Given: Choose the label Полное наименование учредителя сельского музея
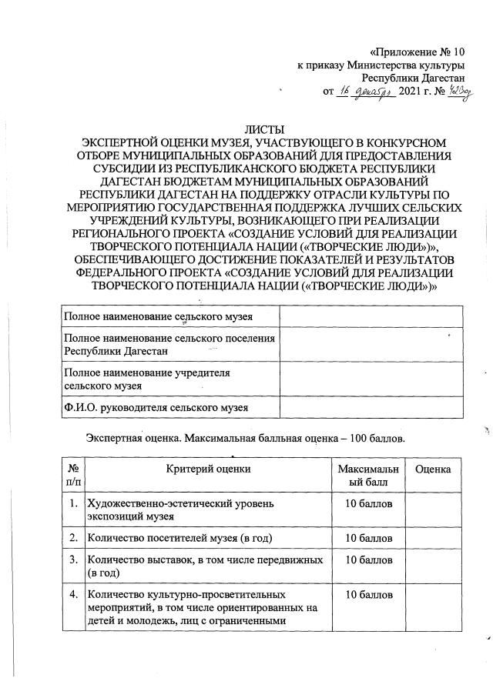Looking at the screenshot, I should coord(149,377).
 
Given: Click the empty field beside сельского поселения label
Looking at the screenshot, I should coord(371,344).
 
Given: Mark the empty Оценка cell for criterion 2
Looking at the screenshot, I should coord(433,536).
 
